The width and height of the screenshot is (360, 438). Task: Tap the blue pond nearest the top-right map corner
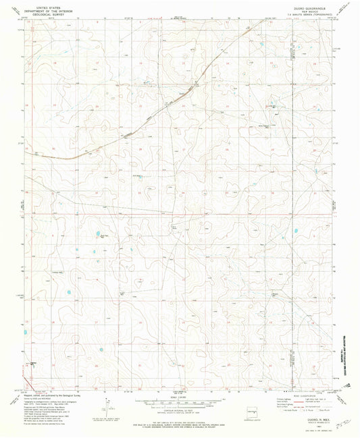[x=260, y=46]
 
